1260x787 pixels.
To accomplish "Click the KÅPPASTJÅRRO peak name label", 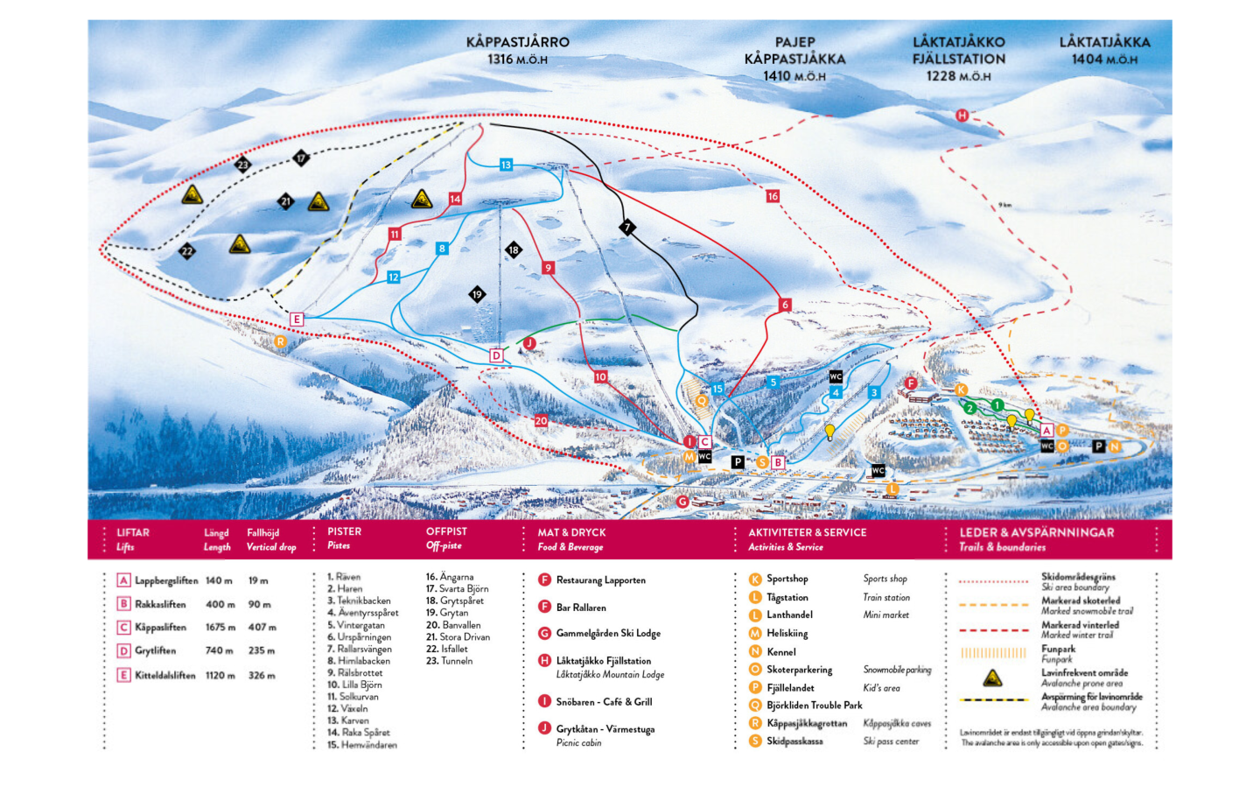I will [x=517, y=42].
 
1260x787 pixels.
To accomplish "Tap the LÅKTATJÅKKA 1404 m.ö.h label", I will [x=1104, y=50].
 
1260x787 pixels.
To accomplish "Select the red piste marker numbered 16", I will [x=773, y=196].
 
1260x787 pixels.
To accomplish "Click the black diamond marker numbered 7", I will [x=626, y=228].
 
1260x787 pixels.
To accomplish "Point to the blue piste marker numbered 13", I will [x=506, y=165].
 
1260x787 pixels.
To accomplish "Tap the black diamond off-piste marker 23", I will [x=242, y=164].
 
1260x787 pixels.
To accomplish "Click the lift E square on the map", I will [x=297, y=320].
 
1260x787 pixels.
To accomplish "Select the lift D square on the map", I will [x=496, y=355].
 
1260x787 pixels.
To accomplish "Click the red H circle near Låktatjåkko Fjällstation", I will [x=962, y=116].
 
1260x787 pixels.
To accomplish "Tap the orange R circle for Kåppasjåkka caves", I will [x=280, y=341].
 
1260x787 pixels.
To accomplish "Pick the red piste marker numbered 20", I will [x=541, y=421].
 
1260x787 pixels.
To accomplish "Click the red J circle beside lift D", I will [x=528, y=343].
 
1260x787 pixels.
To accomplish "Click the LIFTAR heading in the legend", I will [x=133, y=532].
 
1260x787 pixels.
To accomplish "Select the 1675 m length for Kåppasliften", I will [x=220, y=628].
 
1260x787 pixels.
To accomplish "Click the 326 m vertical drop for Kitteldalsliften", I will [x=262, y=676].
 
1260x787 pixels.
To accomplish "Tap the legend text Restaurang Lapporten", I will [x=600, y=580].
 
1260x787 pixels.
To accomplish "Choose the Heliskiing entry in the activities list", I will [x=787, y=634].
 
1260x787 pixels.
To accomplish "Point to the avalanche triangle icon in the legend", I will [x=991, y=678].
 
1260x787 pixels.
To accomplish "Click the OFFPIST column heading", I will [x=446, y=531].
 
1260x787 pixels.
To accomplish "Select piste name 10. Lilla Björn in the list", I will [x=354, y=685].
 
